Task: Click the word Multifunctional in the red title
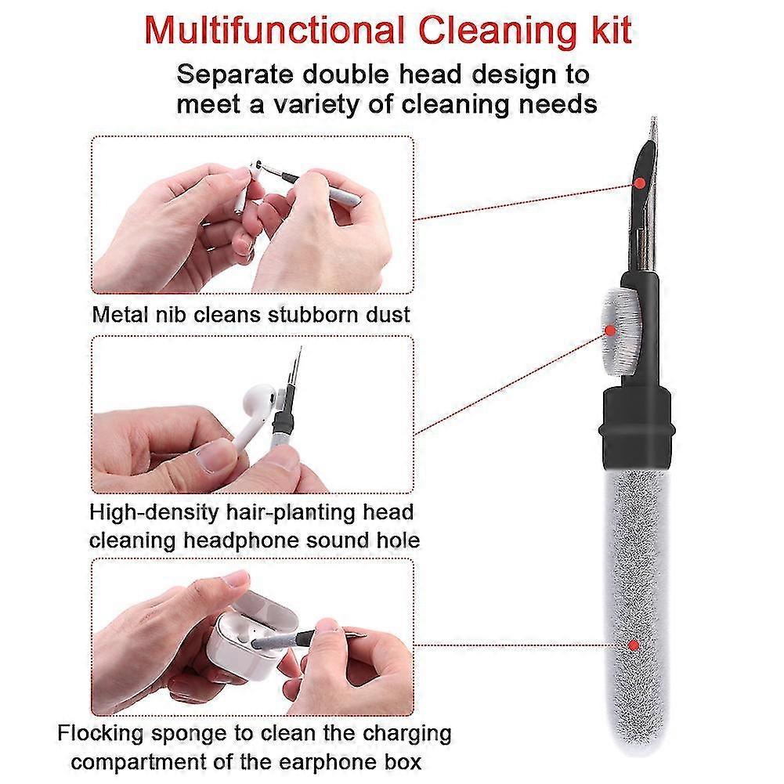tap(274, 31)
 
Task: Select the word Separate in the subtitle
tap(234, 75)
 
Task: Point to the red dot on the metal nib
tap(639, 183)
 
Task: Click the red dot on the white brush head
tap(610, 330)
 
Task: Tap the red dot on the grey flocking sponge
tap(634, 645)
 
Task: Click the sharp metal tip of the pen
tap(653, 118)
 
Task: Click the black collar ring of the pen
tap(637, 431)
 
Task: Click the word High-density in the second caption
tap(154, 513)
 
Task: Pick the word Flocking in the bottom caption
tap(102, 734)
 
